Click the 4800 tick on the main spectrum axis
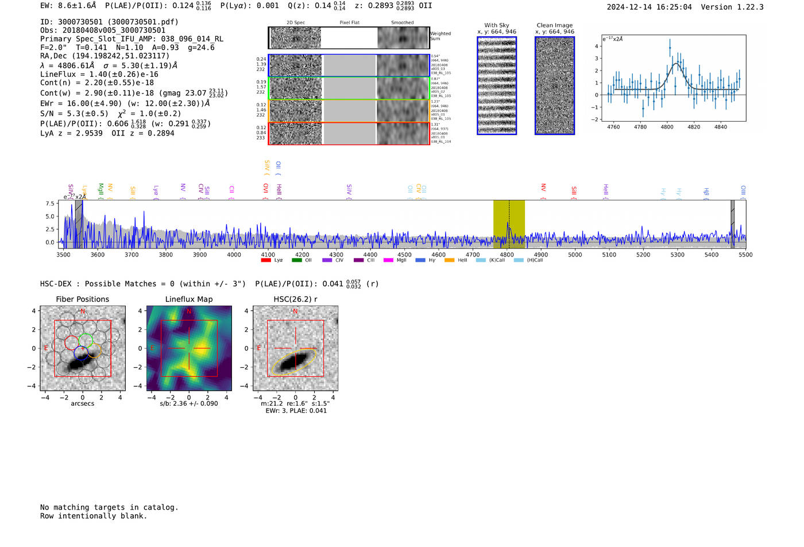pyautogui.click(x=507, y=254)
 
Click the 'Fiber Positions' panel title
pyautogui.click(x=82, y=299)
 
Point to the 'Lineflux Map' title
pyautogui.click(x=188, y=299)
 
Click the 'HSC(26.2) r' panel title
pyautogui.click(x=295, y=299)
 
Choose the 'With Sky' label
pyautogui.click(x=496, y=25)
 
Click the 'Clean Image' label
pyautogui.click(x=554, y=25)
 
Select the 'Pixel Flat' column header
pyautogui.click(x=349, y=22)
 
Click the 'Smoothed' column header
pyautogui.click(x=402, y=22)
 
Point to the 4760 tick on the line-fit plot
pyautogui.click(x=613, y=127)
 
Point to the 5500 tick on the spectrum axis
pyautogui.click(x=745, y=254)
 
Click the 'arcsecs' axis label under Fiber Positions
pyautogui.click(x=82, y=404)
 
